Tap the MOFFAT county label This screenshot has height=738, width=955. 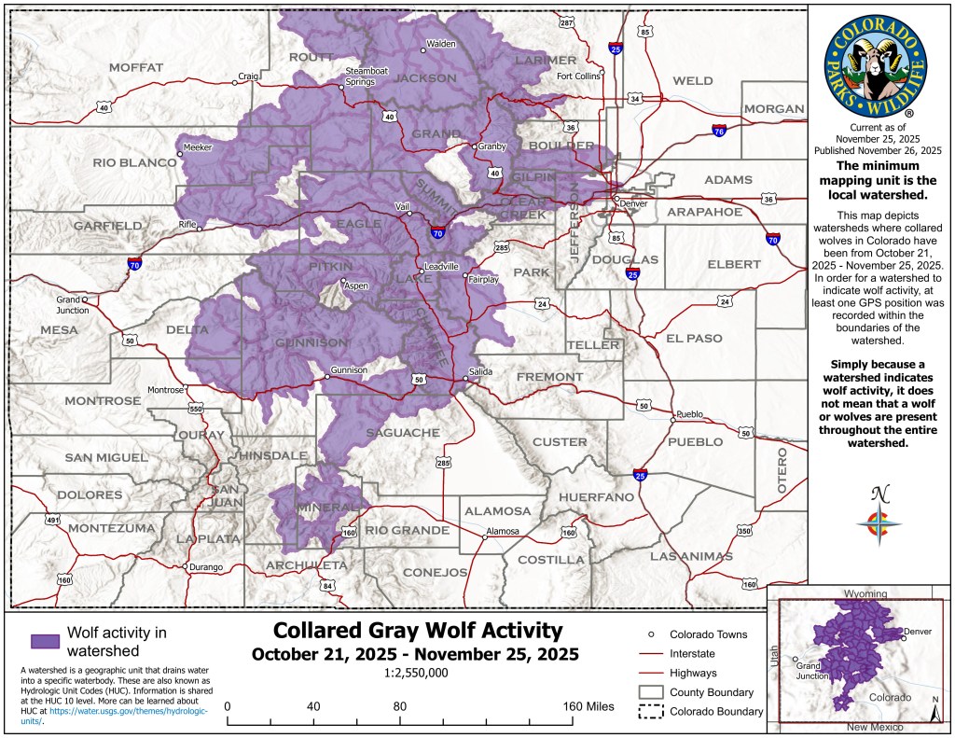pyautogui.click(x=135, y=67)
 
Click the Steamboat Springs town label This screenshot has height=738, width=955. pyautogui.click(x=359, y=76)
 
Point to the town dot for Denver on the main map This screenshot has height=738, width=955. pyautogui.click(x=616, y=198)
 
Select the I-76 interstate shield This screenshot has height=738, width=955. pyautogui.click(x=719, y=132)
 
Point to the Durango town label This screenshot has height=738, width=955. pyautogui.click(x=205, y=566)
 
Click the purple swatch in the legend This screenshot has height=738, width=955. pyautogui.click(x=45, y=641)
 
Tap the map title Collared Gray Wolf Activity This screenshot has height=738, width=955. pyautogui.click(x=416, y=631)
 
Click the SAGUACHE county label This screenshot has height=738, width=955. pyautogui.click(x=402, y=433)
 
